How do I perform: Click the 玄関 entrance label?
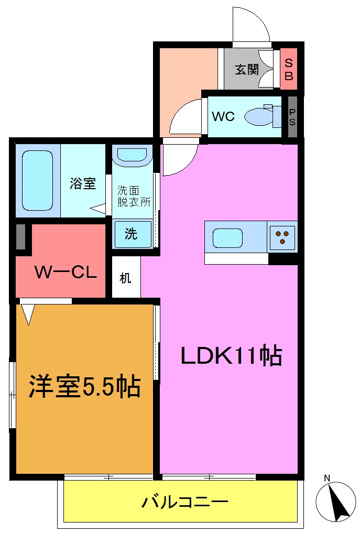tap(246, 69)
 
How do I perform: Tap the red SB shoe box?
tap(289, 69)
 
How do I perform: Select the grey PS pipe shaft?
tap(292, 116)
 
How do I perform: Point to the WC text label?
tap(223, 116)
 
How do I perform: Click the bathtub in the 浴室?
tap(37, 181)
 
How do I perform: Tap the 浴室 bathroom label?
tap(83, 183)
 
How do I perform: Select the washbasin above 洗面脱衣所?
tap(133, 156)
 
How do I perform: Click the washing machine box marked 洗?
tap(132, 234)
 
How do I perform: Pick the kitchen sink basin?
tap(227, 238)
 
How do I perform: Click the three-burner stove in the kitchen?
tap(282, 237)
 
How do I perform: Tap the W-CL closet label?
tap(66, 273)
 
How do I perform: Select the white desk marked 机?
tap(125, 278)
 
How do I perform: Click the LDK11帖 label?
tap(231, 357)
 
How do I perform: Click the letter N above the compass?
tap(326, 478)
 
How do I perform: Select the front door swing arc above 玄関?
tap(252, 25)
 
